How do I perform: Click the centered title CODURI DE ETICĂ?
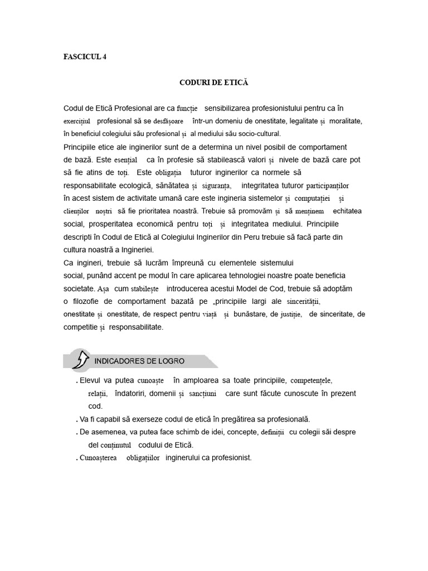click(213, 83)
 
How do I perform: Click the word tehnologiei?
click(240, 275)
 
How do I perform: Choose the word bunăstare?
click(257, 314)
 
